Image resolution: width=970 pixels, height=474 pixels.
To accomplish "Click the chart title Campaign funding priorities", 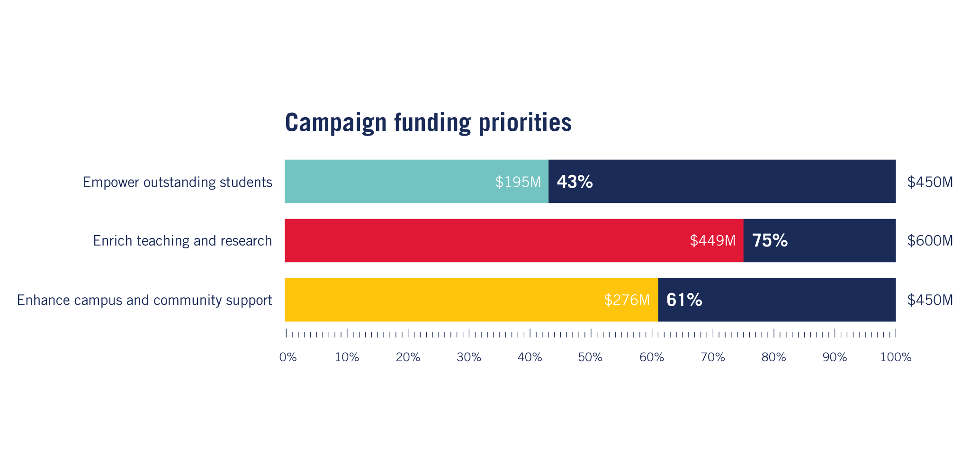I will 428,122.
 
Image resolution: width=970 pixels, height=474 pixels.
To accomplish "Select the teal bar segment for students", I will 388,182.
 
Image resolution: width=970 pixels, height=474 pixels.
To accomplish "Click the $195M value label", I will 518,182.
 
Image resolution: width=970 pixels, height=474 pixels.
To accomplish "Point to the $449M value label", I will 712,241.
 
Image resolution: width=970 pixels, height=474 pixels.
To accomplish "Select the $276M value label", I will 627,300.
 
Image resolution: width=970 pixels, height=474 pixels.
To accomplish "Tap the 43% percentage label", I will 575,182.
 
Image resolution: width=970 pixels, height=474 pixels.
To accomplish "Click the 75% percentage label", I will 770,241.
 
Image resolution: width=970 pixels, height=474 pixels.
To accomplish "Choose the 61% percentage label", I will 684,300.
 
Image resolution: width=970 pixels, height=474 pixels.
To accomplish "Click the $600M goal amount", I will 930,241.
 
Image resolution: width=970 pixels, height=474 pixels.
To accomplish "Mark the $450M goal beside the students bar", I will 930,182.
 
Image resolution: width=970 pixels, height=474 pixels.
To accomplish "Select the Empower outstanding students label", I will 178,182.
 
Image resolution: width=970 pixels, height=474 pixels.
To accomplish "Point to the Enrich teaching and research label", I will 182,241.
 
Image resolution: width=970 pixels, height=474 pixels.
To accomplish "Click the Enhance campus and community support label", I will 144,300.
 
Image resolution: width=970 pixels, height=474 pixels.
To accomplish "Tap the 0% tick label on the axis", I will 288,357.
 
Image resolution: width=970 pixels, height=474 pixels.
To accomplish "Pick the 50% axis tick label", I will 591,357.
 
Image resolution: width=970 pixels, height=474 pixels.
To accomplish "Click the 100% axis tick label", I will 896,357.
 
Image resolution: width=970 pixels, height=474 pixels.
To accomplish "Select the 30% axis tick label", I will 469,357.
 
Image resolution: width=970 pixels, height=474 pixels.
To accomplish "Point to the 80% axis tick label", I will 773,357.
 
